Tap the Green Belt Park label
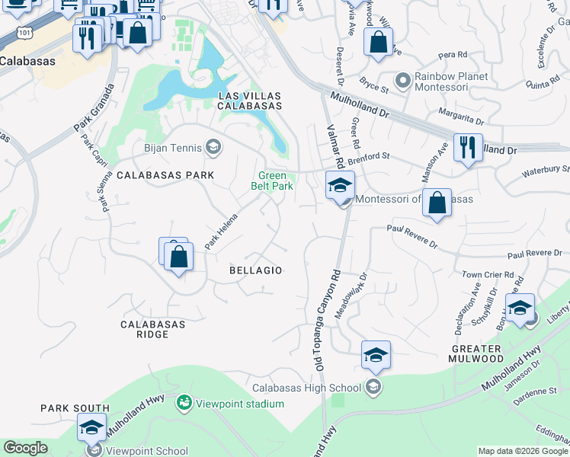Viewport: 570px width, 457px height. coord(273,181)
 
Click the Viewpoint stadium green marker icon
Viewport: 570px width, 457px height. coord(184,401)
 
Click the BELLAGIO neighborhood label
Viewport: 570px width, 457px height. coord(256,270)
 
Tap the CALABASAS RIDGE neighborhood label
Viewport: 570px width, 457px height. coord(153,330)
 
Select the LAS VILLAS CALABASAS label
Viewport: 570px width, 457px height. coord(250,101)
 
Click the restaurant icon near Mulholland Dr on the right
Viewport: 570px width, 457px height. coord(467,147)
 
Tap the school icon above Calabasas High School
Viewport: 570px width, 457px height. coord(376,355)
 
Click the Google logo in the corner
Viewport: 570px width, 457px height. coord(25,448)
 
